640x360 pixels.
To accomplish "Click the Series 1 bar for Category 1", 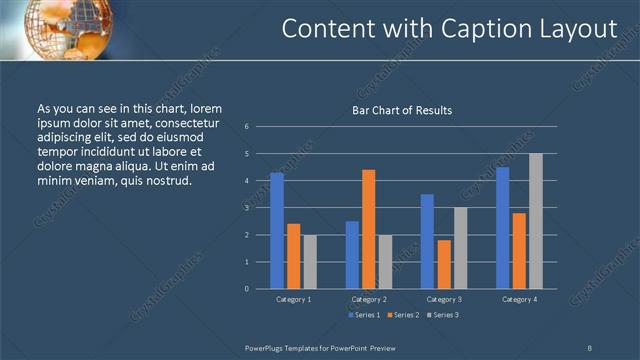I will click(x=277, y=230).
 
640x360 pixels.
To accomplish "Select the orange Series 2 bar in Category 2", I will click(x=369, y=229).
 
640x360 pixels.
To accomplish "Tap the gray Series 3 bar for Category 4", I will click(x=536, y=221).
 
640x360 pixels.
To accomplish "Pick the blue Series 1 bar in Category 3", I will click(x=427, y=241).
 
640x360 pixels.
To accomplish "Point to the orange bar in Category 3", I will click(x=444, y=264).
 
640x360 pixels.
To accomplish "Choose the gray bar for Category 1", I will click(x=310, y=261).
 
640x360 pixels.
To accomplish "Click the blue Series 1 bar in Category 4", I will click(x=503, y=227).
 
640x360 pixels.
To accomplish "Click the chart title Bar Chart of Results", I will click(x=402, y=110).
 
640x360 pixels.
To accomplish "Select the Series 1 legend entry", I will click(x=363, y=315).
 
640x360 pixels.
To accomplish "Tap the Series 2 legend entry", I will click(x=403, y=315).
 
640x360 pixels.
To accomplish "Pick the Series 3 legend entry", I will click(x=443, y=315).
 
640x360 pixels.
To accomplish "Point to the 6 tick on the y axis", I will click(x=246, y=127).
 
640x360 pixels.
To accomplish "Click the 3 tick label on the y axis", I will click(x=246, y=208).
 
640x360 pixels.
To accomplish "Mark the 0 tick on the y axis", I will click(x=246, y=288).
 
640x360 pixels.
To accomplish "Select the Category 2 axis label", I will click(x=369, y=299).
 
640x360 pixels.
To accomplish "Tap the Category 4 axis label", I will click(x=519, y=299).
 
